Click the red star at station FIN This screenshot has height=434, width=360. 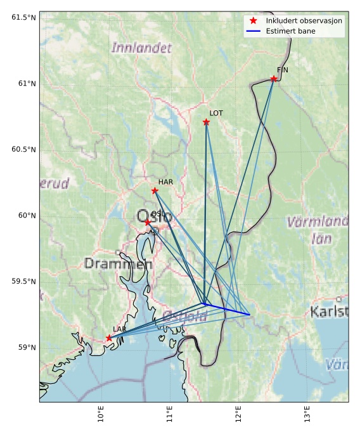274,79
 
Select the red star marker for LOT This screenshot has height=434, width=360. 206,122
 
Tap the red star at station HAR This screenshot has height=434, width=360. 155,190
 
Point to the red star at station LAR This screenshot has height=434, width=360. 109,338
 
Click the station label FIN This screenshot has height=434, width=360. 282,70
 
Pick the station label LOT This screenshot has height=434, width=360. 216,113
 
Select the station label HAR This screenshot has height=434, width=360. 165,181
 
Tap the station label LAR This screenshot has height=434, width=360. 119,329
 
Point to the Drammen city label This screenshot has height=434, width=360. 118,263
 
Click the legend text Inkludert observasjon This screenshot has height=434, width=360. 304,21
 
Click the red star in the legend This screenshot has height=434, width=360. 253,21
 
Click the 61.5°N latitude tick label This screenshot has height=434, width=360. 23,17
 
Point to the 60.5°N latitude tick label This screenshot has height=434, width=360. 23,149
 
